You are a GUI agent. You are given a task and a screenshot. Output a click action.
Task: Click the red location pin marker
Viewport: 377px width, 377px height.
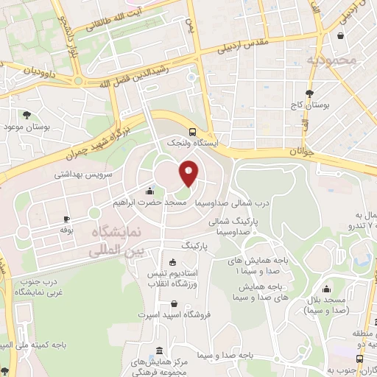click(189, 173)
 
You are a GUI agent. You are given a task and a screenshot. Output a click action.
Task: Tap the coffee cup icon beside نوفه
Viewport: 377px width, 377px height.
click(66, 219)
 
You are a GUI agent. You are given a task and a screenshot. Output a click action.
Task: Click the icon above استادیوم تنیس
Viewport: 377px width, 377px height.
click(173, 262)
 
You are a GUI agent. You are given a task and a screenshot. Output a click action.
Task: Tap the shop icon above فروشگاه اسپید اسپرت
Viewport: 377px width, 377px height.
click(173, 303)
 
